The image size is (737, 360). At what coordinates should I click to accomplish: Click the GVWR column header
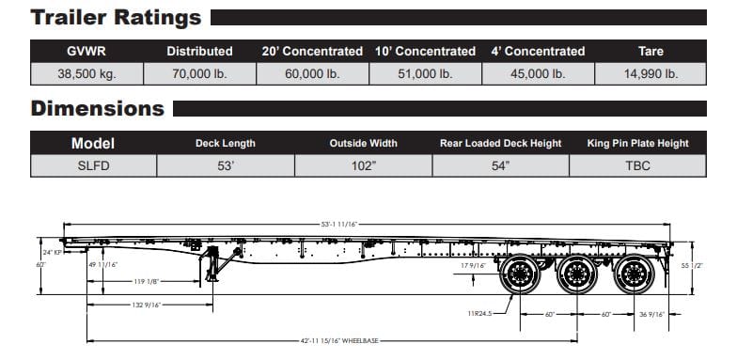pyautogui.click(x=86, y=51)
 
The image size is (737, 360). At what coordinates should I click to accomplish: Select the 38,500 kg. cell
pyautogui.click(x=86, y=74)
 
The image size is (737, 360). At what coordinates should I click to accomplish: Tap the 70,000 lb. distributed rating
pyautogui.click(x=199, y=74)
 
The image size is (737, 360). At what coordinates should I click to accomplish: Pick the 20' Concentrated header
pyautogui.click(x=312, y=51)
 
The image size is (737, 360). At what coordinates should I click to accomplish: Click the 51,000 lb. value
pyautogui.click(x=425, y=74)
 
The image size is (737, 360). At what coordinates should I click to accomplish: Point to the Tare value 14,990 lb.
pyautogui.click(x=651, y=74)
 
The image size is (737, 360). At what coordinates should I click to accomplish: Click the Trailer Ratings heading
pyautogui.click(x=117, y=18)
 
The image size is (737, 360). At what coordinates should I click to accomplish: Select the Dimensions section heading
pyautogui.click(x=98, y=109)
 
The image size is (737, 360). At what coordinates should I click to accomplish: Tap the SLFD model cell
pyautogui.click(x=94, y=165)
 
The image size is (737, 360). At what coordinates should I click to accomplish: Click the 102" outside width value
pyautogui.click(x=364, y=165)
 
